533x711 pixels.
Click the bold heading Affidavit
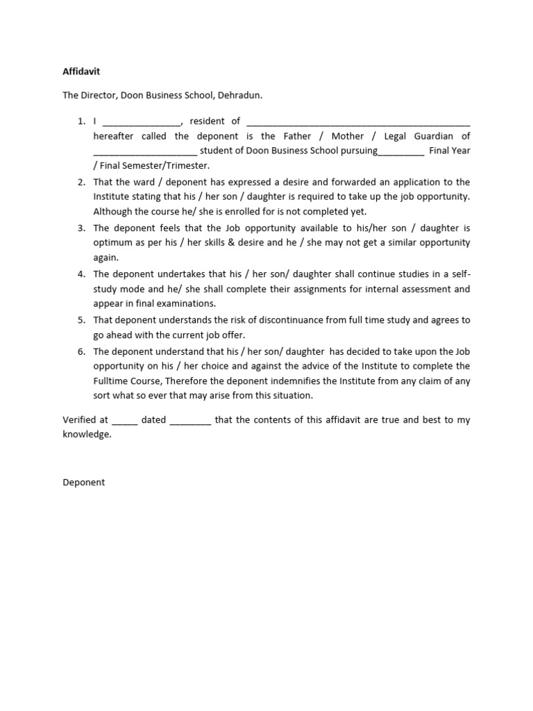[x=81, y=72]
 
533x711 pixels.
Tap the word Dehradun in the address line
[x=239, y=94]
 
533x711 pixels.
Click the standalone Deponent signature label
[x=84, y=482]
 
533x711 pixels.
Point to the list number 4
[x=81, y=274]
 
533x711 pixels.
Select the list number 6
[x=81, y=351]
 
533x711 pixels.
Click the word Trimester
[x=185, y=166]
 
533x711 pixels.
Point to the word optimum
[x=113, y=243]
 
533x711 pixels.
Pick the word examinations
[x=187, y=303]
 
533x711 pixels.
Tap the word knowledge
[x=87, y=435]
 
